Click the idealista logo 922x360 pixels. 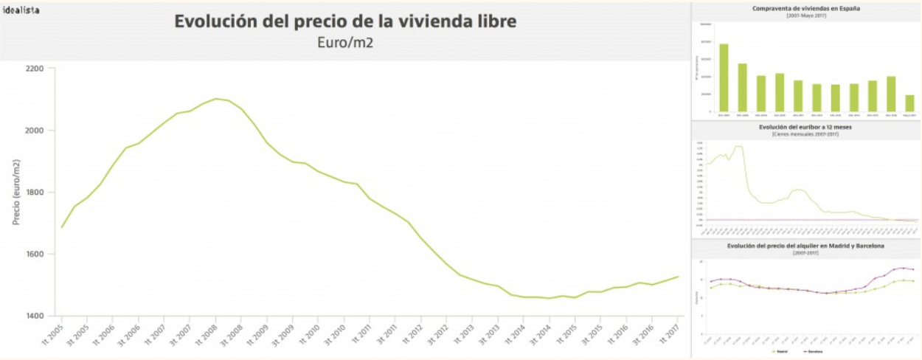coord(21,10)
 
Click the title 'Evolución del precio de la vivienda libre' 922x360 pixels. coord(345,21)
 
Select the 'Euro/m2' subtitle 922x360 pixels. coord(345,42)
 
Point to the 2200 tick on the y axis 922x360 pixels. coord(35,69)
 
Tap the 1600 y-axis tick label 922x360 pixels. coord(35,255)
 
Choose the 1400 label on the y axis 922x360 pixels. coord(35,316)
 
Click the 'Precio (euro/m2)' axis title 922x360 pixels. coord(16,192)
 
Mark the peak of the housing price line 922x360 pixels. coord(215,99)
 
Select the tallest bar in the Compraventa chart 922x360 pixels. coord(724,77)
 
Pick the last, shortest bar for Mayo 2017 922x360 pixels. coord(909,103)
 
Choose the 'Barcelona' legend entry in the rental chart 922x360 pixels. coord(814,352)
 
